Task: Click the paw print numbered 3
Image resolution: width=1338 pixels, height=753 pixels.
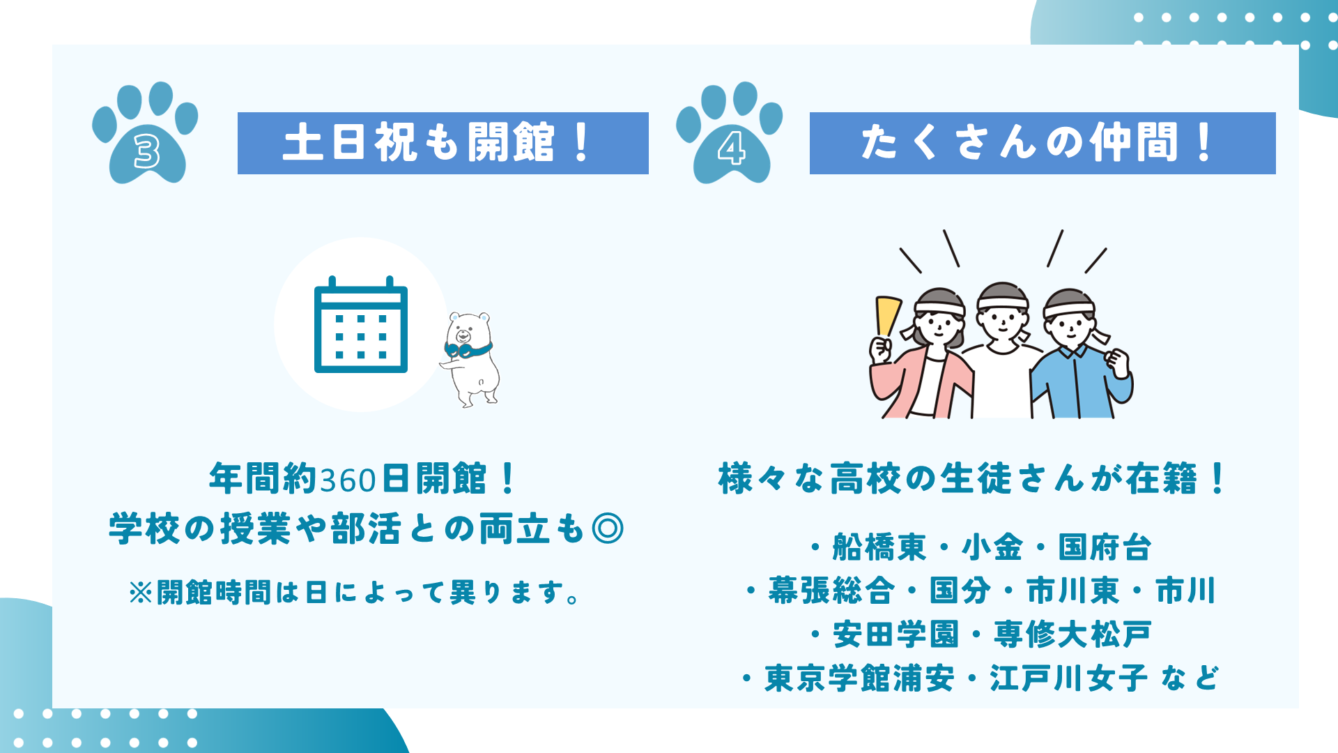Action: pos(146,136)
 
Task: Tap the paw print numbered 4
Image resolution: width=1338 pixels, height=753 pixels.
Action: pos(730,136)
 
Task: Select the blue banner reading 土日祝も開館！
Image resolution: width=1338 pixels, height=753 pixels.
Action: pos(443,143)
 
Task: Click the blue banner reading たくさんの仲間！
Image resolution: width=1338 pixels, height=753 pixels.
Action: pos(1043,143)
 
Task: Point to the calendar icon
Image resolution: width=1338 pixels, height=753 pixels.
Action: pos(361,325)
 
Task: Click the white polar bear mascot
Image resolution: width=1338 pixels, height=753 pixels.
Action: pos(470,358)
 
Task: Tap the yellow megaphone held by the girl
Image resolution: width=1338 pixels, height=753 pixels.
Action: pos(888,317)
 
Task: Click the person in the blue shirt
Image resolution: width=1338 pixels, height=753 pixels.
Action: pos(1080,356)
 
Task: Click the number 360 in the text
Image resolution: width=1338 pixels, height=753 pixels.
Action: pos(348,480)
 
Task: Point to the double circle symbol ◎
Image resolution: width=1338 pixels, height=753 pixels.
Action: pos(607,528)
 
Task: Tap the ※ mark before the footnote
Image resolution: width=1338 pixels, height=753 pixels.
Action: pos(141,593)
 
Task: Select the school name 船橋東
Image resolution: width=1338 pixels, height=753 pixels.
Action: pos(879,547)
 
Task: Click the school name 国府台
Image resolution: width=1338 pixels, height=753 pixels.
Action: pos(1105,547)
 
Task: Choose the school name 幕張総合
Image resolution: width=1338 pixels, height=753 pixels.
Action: pos(831,591)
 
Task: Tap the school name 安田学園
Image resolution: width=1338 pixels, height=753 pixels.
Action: pos(896,634)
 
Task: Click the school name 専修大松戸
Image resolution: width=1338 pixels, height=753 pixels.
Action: pos(1072,634)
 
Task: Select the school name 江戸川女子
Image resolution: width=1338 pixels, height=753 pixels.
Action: pos(1068,678)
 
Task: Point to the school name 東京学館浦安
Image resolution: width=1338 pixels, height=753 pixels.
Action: pos(859,678)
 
